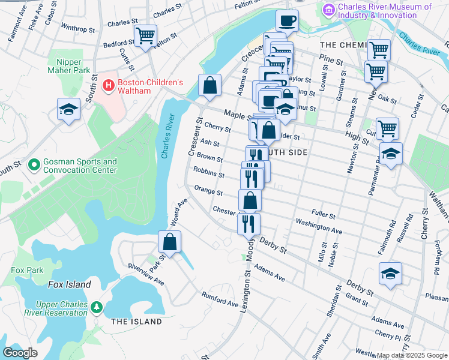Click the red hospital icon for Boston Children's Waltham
(x=109, y=86)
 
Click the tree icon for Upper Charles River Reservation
(x=97, y=308)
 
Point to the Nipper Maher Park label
(x=73, y=66)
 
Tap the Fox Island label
(x=70, y=284)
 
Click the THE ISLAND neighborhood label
(x=136, y=322)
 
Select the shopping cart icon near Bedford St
(x=145, y=35)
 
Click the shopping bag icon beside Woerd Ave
(x=170, y=242)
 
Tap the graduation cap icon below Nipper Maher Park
(x=68, y=110)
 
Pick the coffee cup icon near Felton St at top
(x=287, y=20)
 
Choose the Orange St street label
(x=208, y=193)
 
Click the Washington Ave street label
(x=318, y=226)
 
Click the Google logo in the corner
(x=20, y=353)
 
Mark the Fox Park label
(x=23, y=270)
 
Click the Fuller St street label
(x=323, y=214)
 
